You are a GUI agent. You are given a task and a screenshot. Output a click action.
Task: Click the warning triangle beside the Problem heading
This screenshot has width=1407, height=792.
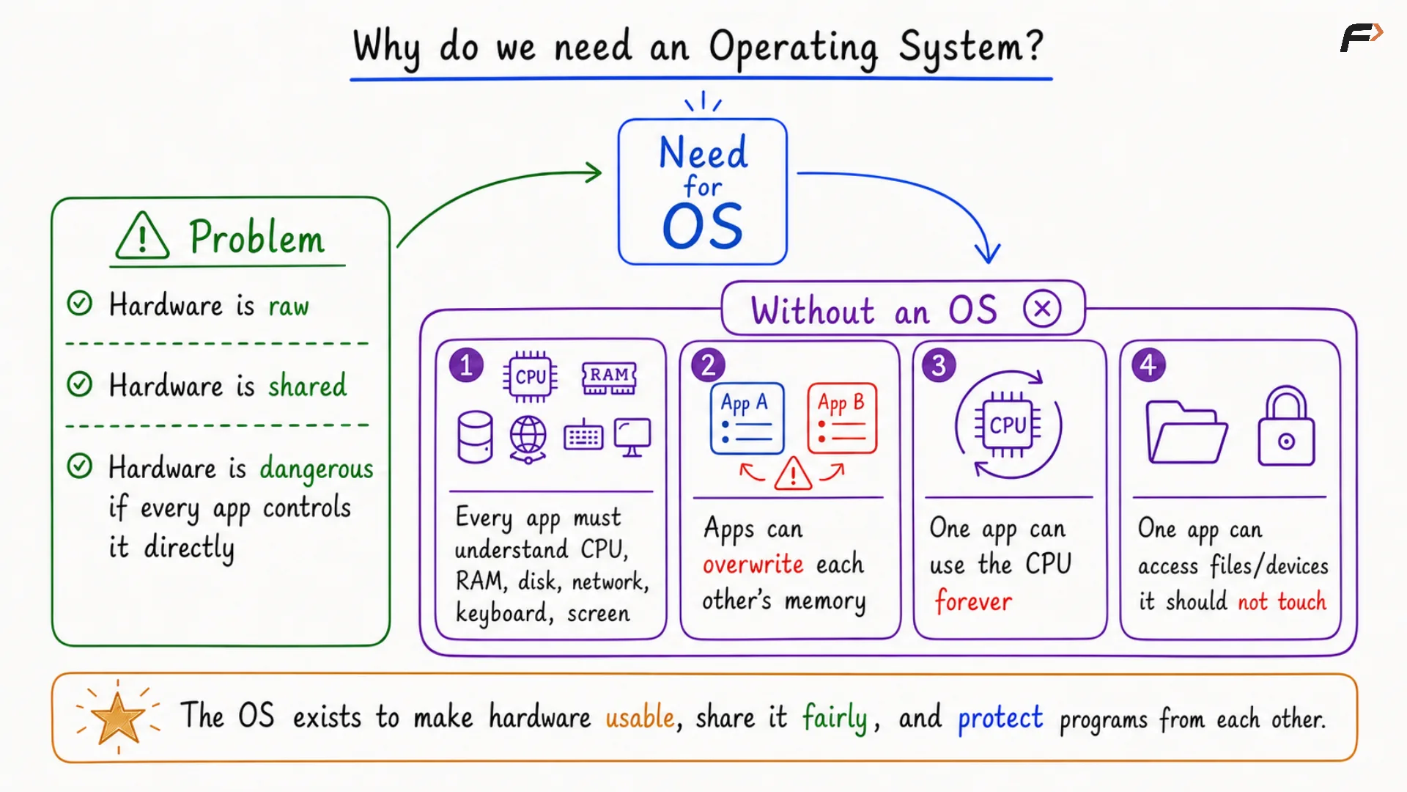coord(143,236)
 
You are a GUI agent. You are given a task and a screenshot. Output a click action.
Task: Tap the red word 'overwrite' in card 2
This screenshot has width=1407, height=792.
coord(753,564)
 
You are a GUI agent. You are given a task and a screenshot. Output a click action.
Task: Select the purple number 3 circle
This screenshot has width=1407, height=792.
coord(939,365)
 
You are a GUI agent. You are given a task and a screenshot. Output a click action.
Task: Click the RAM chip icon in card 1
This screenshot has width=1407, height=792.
coord(609,377)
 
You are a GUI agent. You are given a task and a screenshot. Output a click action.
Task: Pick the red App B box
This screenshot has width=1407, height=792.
coord(842,419)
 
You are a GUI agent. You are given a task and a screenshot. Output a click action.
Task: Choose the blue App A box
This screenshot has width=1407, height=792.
coord(747,419)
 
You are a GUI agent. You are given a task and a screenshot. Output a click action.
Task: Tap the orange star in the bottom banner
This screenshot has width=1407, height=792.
coord(117,718)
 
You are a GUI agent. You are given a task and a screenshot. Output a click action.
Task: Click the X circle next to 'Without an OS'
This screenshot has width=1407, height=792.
coord(1042,309)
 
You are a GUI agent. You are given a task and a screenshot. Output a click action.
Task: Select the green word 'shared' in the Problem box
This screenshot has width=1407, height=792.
coord(307,386)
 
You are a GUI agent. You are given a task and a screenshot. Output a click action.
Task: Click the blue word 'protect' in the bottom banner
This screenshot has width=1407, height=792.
coord(1000,718)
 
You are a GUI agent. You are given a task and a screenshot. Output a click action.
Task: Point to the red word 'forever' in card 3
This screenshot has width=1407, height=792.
coord(973,601)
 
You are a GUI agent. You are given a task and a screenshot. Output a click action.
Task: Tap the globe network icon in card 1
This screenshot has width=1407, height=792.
coord(528,439)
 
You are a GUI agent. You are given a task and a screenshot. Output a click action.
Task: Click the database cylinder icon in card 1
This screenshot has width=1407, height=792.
coord(475,436)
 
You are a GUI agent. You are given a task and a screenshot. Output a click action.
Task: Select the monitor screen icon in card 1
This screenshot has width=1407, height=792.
coord(632,437)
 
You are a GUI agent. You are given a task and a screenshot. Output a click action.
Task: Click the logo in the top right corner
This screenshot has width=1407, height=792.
coord(1362,37)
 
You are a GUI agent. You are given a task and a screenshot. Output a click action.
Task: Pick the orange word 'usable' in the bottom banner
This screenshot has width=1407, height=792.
coord(640,716)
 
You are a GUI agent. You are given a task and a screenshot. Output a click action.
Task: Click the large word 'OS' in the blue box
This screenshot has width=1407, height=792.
coord(703,226)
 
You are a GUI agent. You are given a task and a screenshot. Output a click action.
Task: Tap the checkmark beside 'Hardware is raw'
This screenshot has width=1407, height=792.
coord(80,304)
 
